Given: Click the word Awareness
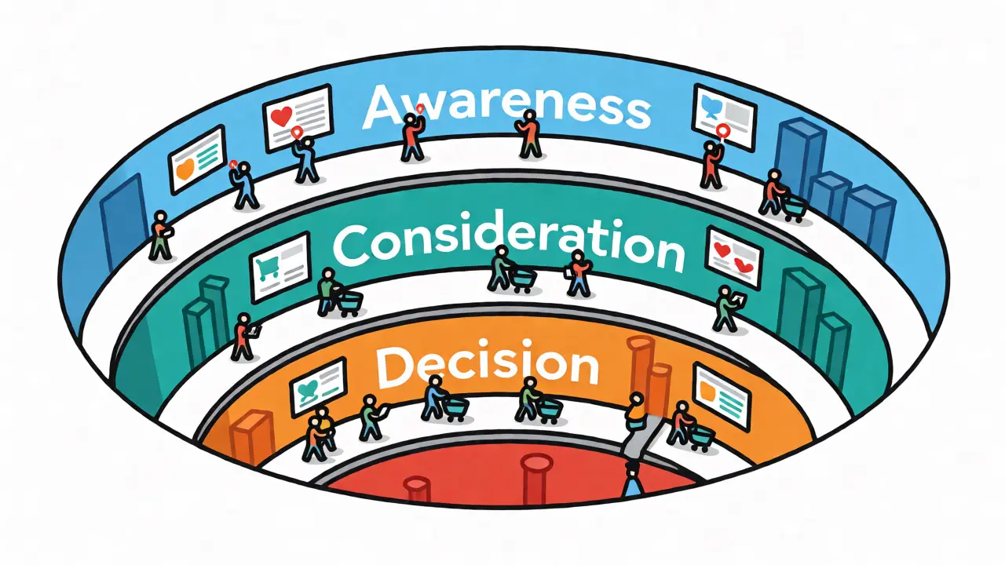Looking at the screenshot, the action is (506, 108).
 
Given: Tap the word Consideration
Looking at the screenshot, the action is (510, 244).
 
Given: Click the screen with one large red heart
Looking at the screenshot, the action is (298, 118).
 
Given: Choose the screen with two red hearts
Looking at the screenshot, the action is (733, 258).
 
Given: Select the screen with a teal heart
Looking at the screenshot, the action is (318, 387).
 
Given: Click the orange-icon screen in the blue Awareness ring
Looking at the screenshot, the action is (196, 159).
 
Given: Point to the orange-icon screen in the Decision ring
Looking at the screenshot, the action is (722, 396).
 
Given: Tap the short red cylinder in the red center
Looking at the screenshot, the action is (416, 490).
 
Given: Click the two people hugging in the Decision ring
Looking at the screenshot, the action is (319, 434).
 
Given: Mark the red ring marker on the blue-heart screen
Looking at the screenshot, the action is (723, 131).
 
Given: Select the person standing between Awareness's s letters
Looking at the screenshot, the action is (529, 133).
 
